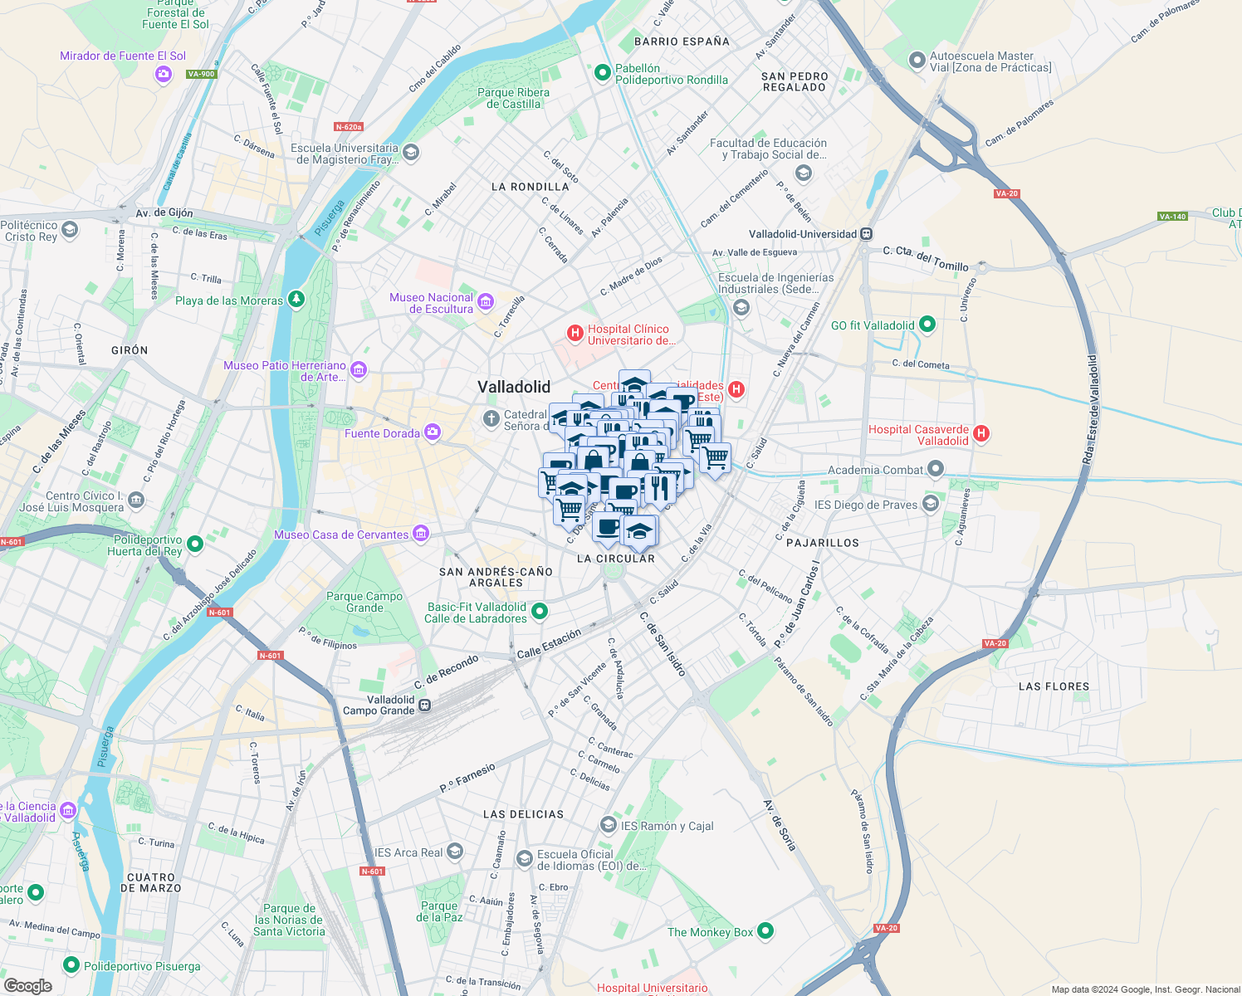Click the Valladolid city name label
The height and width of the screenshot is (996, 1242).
(x=514, y=387)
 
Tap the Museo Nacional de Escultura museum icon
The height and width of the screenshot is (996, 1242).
(x=486, y=300)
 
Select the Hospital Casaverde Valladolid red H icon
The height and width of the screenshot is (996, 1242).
(x=981, y=433)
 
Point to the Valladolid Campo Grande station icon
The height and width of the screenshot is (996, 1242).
(x=424, y=705)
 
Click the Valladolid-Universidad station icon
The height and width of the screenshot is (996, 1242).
(x=867, y=234)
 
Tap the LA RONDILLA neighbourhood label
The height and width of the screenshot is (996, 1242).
(x=530, y=187)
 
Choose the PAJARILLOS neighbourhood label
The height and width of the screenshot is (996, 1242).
(x=822, y=543)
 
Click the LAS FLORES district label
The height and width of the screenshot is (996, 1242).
(x=1054, y=686)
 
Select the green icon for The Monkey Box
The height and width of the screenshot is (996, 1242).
(x=765, y=931)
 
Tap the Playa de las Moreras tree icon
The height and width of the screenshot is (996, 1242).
(x=296, y=300)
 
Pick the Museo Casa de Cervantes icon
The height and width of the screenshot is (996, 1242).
(x=421, y=534)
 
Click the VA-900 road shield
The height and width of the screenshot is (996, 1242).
(x=201, y=74)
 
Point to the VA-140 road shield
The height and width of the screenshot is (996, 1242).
(x=1172, y=217)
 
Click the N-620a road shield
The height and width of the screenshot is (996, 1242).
(x=349, y=127)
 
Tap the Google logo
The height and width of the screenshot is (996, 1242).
(x=27, y=985)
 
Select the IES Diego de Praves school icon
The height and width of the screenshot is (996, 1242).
(x=930, y=504)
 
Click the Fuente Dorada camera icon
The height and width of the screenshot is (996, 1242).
(x=432, y=432)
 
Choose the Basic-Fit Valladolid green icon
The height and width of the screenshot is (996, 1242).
(x=540, y=612)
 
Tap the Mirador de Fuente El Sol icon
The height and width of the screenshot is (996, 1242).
(x=163, y=75)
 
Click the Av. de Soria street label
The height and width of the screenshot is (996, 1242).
(x=780, y=825)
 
